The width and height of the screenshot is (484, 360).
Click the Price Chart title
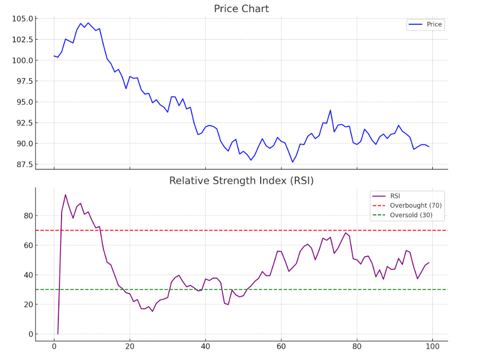(241, 9)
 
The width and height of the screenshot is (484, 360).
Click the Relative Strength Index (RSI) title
(241, 181)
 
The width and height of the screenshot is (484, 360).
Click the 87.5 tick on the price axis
(24, 164)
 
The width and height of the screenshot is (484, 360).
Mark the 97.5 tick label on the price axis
(24, 81)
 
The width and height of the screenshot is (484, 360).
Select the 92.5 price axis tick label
(24, 123)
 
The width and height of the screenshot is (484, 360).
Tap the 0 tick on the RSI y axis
(28, 334)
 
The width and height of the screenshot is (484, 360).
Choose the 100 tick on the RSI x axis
(432, 347)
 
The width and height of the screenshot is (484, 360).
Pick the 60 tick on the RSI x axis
(281, 347)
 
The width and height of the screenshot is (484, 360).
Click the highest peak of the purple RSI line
(65, 195)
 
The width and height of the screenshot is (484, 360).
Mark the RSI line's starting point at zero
(58, 334)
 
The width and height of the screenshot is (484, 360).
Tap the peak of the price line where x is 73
(331, 110)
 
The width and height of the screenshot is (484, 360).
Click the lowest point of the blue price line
(293, 162)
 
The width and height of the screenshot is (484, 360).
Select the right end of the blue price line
(429, 147)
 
